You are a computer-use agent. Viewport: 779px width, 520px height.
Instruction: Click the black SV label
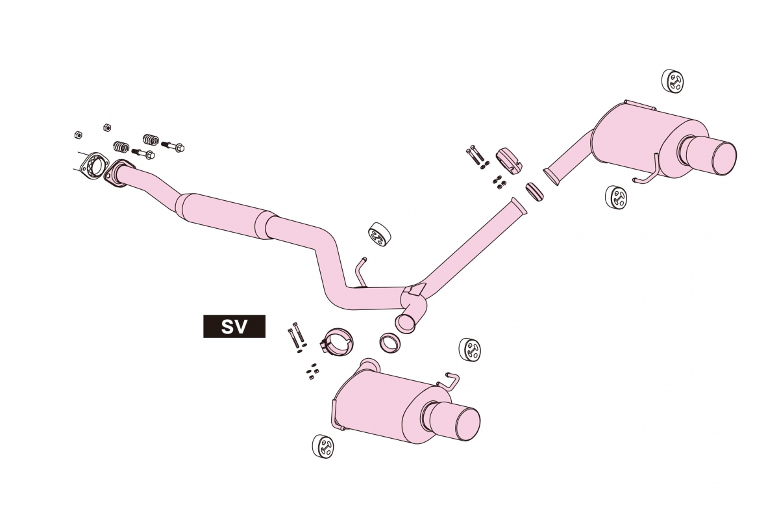pyautogui.click(x=234, y=326)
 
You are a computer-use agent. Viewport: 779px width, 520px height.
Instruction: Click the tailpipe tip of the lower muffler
pyautogui.click(x=452, y=422)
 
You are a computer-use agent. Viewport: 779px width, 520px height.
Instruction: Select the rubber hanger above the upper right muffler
pyautogui.click(x=673, y=81)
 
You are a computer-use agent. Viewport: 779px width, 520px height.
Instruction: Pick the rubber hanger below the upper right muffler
pyautogui.click(x=616, y=198)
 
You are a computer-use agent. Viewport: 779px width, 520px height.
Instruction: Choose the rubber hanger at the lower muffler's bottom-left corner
pyautogui.click(x=323, y=447)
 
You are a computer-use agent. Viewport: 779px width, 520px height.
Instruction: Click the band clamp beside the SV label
pyautogui.click(x=336, y=343)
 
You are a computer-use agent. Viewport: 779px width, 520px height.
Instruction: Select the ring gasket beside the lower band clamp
pyautogui.click(x=390, y=343)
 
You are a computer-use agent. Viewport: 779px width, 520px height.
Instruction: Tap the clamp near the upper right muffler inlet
pyautogui.click(x=509, y=161)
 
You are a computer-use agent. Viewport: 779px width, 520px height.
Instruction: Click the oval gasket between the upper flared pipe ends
pyautogui.click(x=534, y=192)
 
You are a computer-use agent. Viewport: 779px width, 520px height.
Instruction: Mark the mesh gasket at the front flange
pyautogui.click(x=93, y=167)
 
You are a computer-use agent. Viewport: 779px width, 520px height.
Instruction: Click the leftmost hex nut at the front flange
pyautogui.click(x=79, y=135)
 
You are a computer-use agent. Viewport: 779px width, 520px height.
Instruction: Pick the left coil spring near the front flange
pyautogui.click(x=121, y=146)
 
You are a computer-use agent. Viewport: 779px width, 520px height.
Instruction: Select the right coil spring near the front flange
pyautogui.click(x=151, y=139)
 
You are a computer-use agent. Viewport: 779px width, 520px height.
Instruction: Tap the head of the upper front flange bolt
pyautogui.click(x=179, y=148)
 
